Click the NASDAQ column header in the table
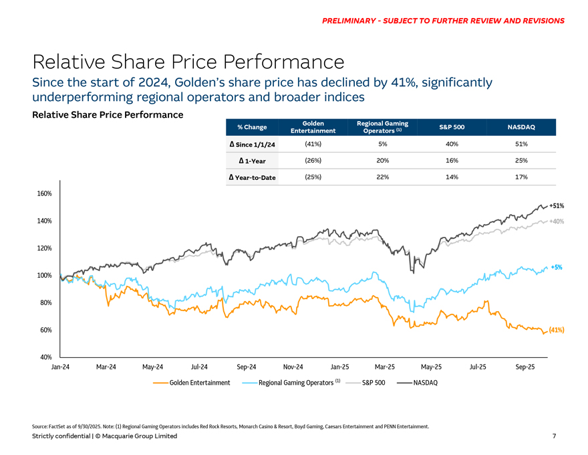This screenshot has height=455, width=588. coord(521,127)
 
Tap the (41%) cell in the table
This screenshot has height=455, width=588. coord(313,144)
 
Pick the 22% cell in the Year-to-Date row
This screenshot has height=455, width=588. coord(383,177)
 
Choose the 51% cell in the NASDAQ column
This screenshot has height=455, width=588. coord(521,144)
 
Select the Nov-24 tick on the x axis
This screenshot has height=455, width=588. coord(293,367)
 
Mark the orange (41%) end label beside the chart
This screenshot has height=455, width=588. coord(557,331)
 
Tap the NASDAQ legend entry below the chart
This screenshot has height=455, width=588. coord(425,383)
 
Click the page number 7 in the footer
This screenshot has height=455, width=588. coord(554,436)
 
